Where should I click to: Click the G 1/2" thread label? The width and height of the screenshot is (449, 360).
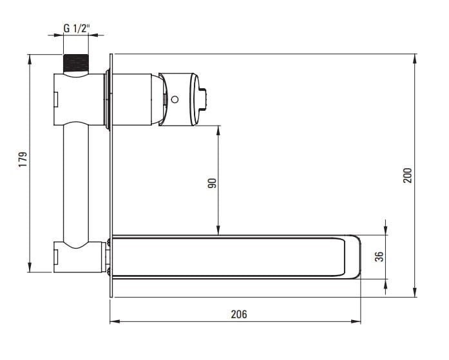[77, 28]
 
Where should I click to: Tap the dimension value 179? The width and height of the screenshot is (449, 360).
[23, 160]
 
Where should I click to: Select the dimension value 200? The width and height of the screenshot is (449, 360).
[407, 175]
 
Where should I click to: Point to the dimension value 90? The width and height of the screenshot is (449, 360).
[212, 183]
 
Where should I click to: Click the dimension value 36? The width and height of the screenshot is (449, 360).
[379, 256]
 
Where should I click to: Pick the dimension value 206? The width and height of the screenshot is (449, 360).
[239, 314]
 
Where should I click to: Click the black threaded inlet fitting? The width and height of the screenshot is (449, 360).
[75, 63]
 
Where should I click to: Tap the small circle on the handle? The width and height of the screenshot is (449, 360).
[175, 100]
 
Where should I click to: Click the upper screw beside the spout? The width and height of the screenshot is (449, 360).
[108, 242]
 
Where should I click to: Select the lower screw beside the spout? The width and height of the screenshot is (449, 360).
[108, 271]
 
